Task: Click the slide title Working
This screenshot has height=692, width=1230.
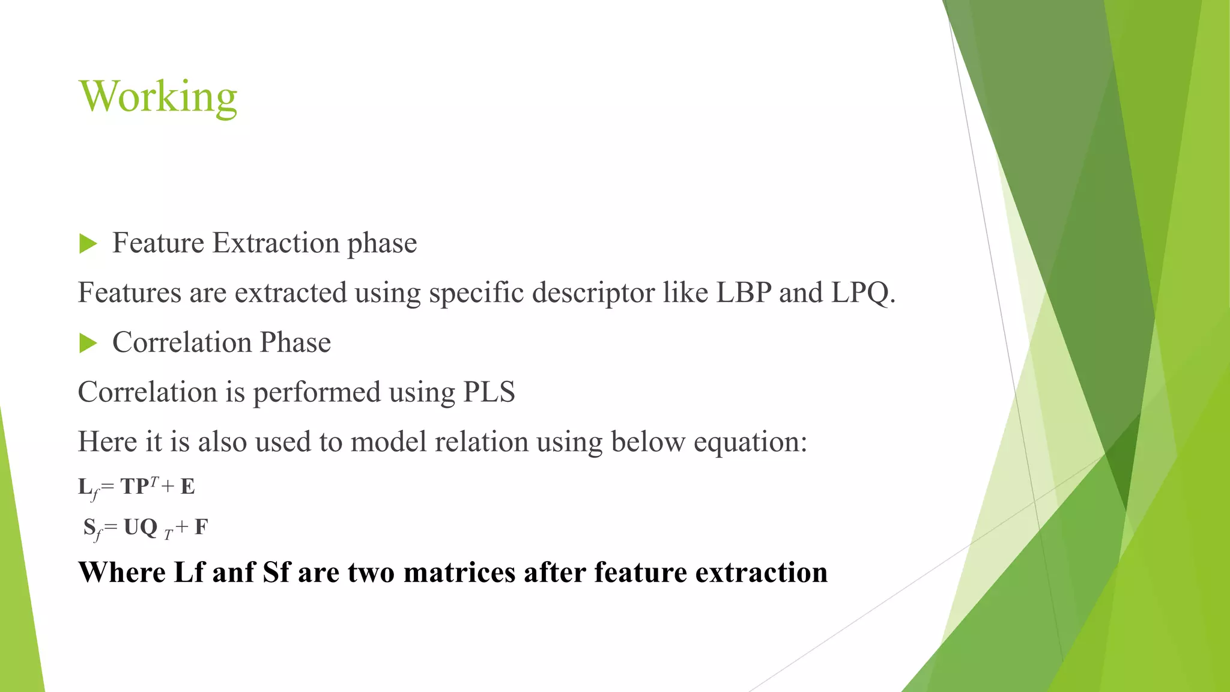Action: point(158,97)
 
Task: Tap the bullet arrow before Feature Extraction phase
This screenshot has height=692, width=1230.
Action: point(88,244)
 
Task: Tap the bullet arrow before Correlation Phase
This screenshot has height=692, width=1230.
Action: point(88,344)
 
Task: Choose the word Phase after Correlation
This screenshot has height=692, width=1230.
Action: point(295,343)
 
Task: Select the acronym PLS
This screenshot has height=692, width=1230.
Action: point(489,392)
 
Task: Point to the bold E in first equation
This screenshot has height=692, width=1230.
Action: point(187,487)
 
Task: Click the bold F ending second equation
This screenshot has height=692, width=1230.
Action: point(201,527)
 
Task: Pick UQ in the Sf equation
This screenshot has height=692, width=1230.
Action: point(140,527)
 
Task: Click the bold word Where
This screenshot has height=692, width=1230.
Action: point(122,572)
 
